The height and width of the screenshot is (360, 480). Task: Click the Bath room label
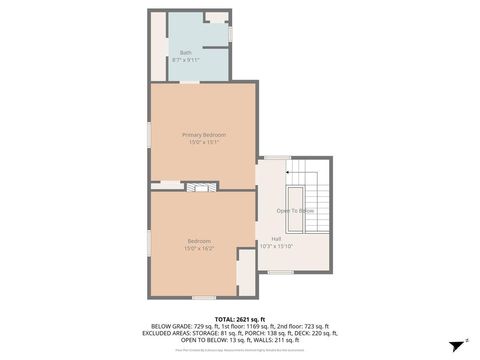tap(186, 52)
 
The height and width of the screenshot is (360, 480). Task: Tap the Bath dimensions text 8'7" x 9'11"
tap(186, 60)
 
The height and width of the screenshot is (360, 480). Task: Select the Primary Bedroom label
tap(203, 134)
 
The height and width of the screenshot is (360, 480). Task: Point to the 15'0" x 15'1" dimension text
tap(203, 142)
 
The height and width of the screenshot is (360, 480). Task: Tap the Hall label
tap(275, 238)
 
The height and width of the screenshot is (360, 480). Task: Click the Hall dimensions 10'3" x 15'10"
tap(275, 246)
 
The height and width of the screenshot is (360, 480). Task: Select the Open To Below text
tap(295, 211)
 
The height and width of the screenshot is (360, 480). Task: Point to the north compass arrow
tap(465, 342)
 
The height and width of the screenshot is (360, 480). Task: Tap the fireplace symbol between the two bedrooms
tap(203, 187)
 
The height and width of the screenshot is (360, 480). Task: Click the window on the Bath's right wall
tap(232, 34)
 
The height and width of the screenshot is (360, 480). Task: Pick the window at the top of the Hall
tap(273, 158)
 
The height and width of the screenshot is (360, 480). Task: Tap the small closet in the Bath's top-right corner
tap(216, 17)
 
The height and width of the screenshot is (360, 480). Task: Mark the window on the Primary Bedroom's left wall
tap(150, 132)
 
